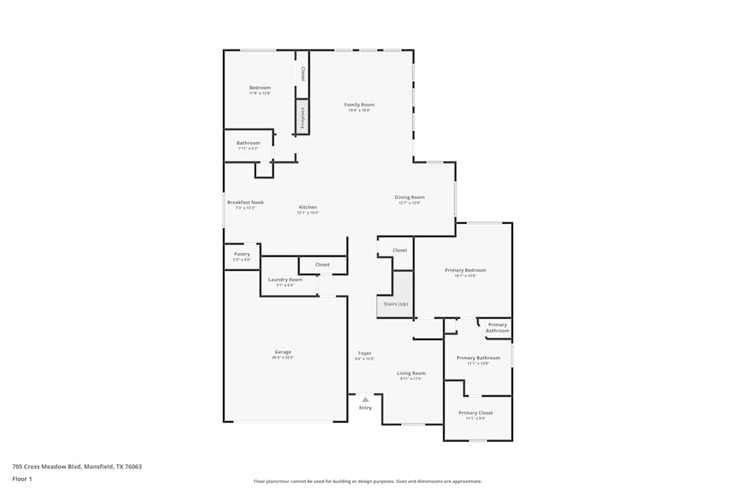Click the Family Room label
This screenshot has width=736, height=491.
(359, 105)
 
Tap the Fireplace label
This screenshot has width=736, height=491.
(302, 119)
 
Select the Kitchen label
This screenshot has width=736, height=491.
(308, 207)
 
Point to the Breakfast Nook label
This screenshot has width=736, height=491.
(245, 202)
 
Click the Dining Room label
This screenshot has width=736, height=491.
(409, 197)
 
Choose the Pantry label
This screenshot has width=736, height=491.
(242, 254)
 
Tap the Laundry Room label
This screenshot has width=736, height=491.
(285, 280)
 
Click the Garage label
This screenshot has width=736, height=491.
(283, 352)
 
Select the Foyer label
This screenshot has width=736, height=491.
(365, 353)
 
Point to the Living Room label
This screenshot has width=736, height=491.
(411, 373)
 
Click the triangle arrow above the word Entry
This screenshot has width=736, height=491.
(365, 400)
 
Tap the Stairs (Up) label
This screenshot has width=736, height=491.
(396, 303)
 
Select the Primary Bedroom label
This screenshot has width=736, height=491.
(465, 270)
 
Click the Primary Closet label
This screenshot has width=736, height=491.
(475, 413)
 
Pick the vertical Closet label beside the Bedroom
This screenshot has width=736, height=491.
(302, 74)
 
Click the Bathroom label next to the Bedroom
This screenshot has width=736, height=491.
(248, 143)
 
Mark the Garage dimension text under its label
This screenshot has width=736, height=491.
(283, 358)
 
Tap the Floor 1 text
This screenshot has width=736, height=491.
(23, 478)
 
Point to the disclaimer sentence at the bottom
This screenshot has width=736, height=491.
(367, 481)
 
